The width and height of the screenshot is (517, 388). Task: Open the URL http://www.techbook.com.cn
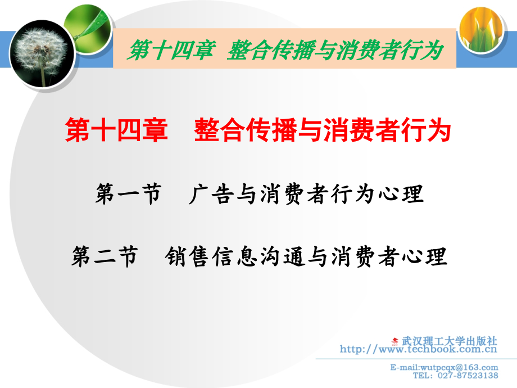(x=419, y=349)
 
